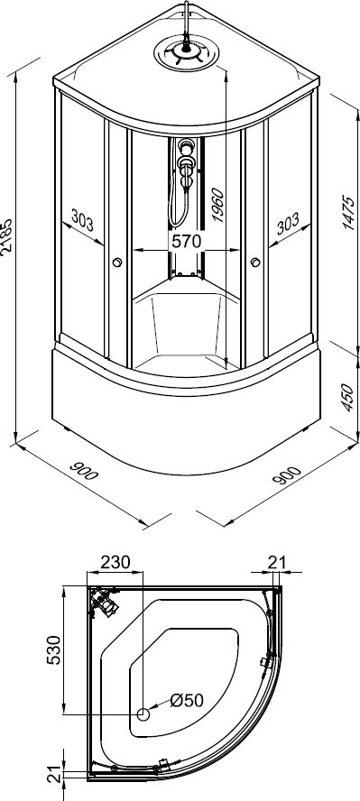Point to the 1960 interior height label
218,206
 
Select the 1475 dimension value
348,213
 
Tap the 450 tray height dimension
347,398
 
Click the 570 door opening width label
187,241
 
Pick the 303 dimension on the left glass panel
82,221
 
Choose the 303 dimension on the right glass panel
288,224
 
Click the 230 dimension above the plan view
115,562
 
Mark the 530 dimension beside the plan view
53,649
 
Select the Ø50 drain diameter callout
187,700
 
